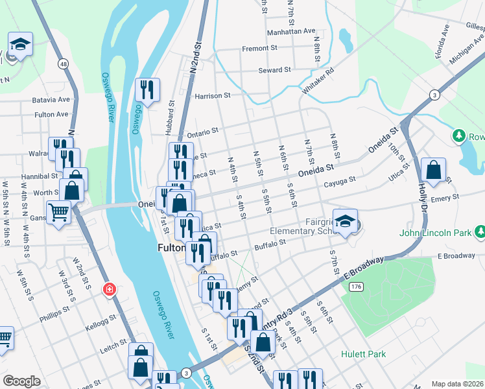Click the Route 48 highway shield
(62, 64)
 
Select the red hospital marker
(110, 289)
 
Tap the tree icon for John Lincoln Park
(480, 231)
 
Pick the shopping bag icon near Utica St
(433, 171)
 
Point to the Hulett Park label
(364, 355)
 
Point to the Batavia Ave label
(51, 100)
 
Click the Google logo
(21, 381)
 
